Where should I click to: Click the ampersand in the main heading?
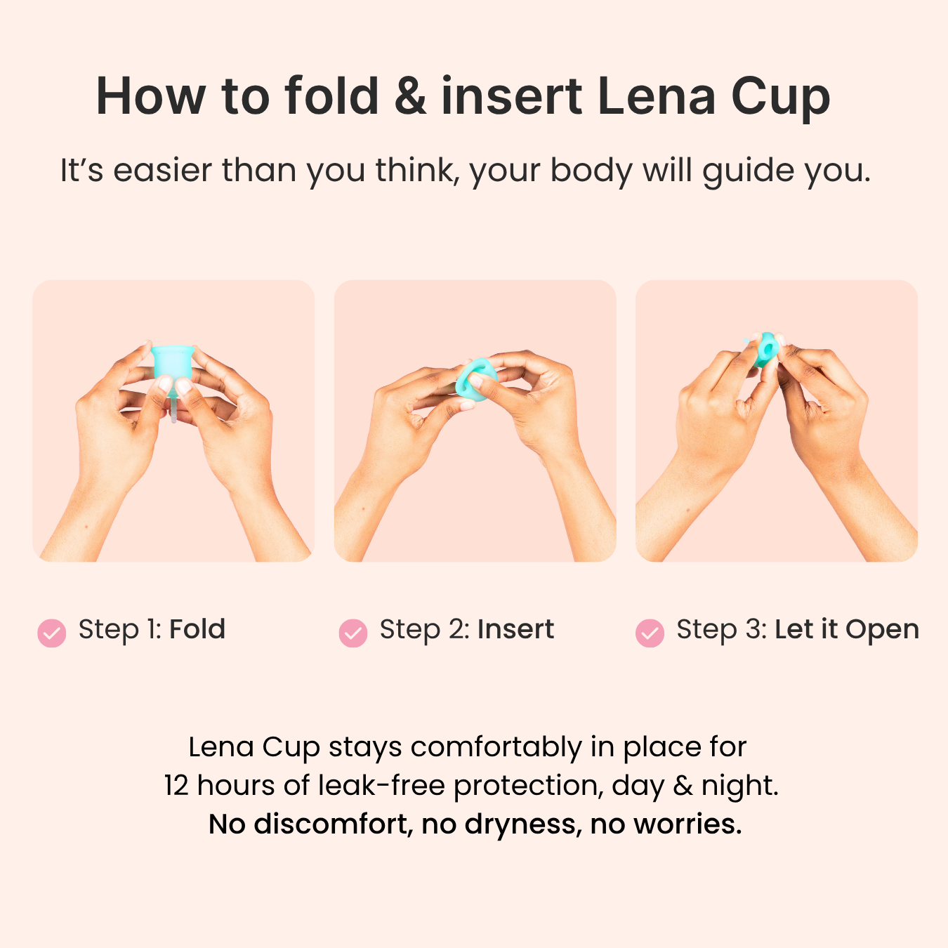(x=410, y=96)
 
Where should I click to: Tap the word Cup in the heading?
(x=780, y=96)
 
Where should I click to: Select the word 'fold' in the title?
(x=331, y=96)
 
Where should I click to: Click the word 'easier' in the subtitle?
(x=162, y=171)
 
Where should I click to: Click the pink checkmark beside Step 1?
(x=52, y=633)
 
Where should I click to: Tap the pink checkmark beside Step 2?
(x=353, y=633)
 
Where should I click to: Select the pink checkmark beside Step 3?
(x=650, y=633)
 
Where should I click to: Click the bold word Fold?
(x=197, y=629)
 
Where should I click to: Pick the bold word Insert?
(x=515, y=629)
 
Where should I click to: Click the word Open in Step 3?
(x=882, y=629)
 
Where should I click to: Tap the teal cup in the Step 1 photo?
(x=172, y=362)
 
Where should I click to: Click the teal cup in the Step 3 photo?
(x=765, y=348)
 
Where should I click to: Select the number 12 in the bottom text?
(x=176, y=786)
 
